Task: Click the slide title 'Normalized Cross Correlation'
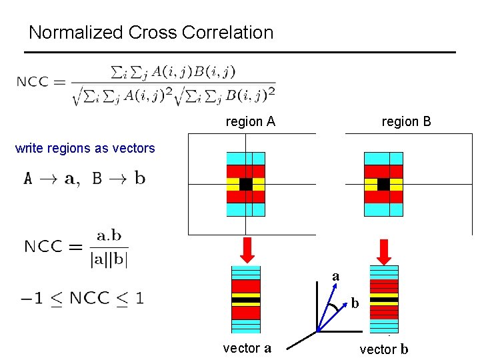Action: point(151,32)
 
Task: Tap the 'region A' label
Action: point(251,121)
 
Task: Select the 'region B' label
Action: point(406,121)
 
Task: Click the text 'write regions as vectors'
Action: point(85,148)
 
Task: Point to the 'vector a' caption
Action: point(247,347)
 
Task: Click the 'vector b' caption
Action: point(384,349)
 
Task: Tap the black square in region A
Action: point(245,184)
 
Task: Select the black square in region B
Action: point(383,184)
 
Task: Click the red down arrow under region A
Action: point(246,250)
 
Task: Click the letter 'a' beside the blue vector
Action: point(335,276)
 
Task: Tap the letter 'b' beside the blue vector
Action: point(355,304)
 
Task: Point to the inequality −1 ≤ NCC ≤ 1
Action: point(81,297)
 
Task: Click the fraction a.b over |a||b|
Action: point(109,247)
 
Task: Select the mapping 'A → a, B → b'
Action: point(85,179)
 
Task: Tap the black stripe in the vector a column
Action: point(245,300)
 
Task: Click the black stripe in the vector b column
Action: point(383,300)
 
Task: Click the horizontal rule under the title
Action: point(241,52)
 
